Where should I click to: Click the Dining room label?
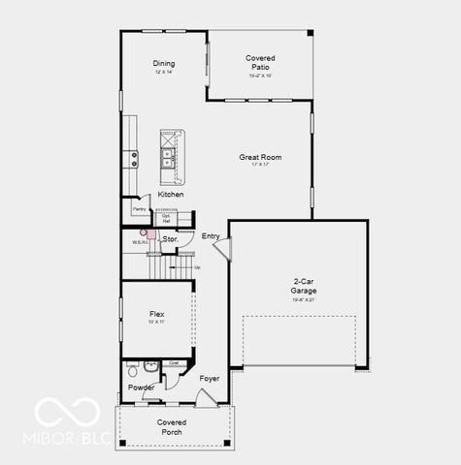pos(164,64)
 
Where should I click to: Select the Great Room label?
pos(260,157)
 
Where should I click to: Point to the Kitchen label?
pos(171,195)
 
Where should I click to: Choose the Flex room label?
pos(156,314)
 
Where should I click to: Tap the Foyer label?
pos(209,378)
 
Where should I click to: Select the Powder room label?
pos(141,387)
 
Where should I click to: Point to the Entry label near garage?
pos(211,236)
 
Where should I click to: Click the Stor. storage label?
pos(170,238)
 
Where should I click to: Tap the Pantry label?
pos(139,208)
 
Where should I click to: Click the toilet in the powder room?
pos(149,367)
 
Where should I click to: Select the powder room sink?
pos(131,368)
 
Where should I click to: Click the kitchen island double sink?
pos(169,158)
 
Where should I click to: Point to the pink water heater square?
pos(142,232)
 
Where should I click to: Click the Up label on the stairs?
pos(197,267)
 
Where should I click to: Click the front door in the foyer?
pos(207,398)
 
